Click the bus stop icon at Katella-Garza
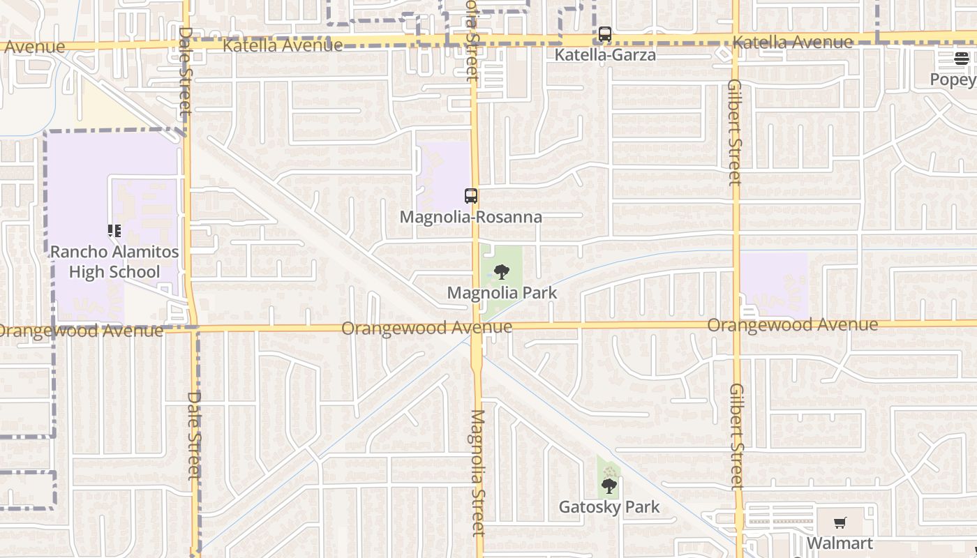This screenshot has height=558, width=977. (605, 33)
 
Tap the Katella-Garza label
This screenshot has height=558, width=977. (605, 54)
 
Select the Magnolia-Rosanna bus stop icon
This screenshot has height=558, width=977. (471, 196)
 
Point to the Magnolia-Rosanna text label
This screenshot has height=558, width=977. (471, 217)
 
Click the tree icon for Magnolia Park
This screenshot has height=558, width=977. (501, 272)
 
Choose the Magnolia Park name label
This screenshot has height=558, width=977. (502, 293)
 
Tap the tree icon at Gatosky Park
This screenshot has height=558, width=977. (609, 485)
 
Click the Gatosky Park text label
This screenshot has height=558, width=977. (609, 507)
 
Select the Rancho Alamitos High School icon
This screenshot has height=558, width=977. (114, 231)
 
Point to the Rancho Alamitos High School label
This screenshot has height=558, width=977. (114, 262)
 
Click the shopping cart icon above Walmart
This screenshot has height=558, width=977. (840, 523)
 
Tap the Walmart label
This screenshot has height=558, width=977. (840, 543)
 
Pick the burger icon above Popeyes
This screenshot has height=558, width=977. (962, 59)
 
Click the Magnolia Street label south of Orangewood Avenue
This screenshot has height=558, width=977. (477, 472)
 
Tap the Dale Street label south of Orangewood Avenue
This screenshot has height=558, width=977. (194, 435)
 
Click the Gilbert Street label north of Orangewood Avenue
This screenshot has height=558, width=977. (734, 133)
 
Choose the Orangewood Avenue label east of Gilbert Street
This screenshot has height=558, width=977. (793, 325)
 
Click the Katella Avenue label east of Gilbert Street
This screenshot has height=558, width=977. (793, 43)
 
